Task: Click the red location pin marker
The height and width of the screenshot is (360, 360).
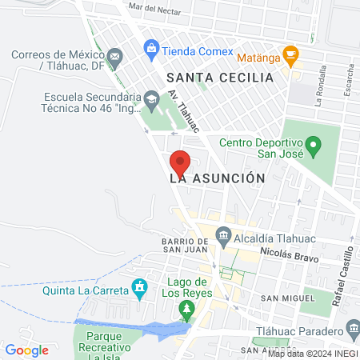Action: click(180, 162)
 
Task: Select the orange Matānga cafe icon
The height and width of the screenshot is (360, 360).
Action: click(290, 55)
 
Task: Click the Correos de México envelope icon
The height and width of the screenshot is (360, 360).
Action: click(115, 57)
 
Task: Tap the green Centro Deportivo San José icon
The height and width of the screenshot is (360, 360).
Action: click(314, 146)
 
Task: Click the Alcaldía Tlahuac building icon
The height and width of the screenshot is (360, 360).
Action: click(223, 235)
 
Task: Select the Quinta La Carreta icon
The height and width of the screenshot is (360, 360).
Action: click(140, 286)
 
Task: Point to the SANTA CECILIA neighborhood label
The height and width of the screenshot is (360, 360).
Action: click(220, 78)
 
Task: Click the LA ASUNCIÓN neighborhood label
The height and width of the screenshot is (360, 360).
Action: click(217, 179)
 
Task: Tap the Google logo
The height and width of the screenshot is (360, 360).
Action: click(27, 350)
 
